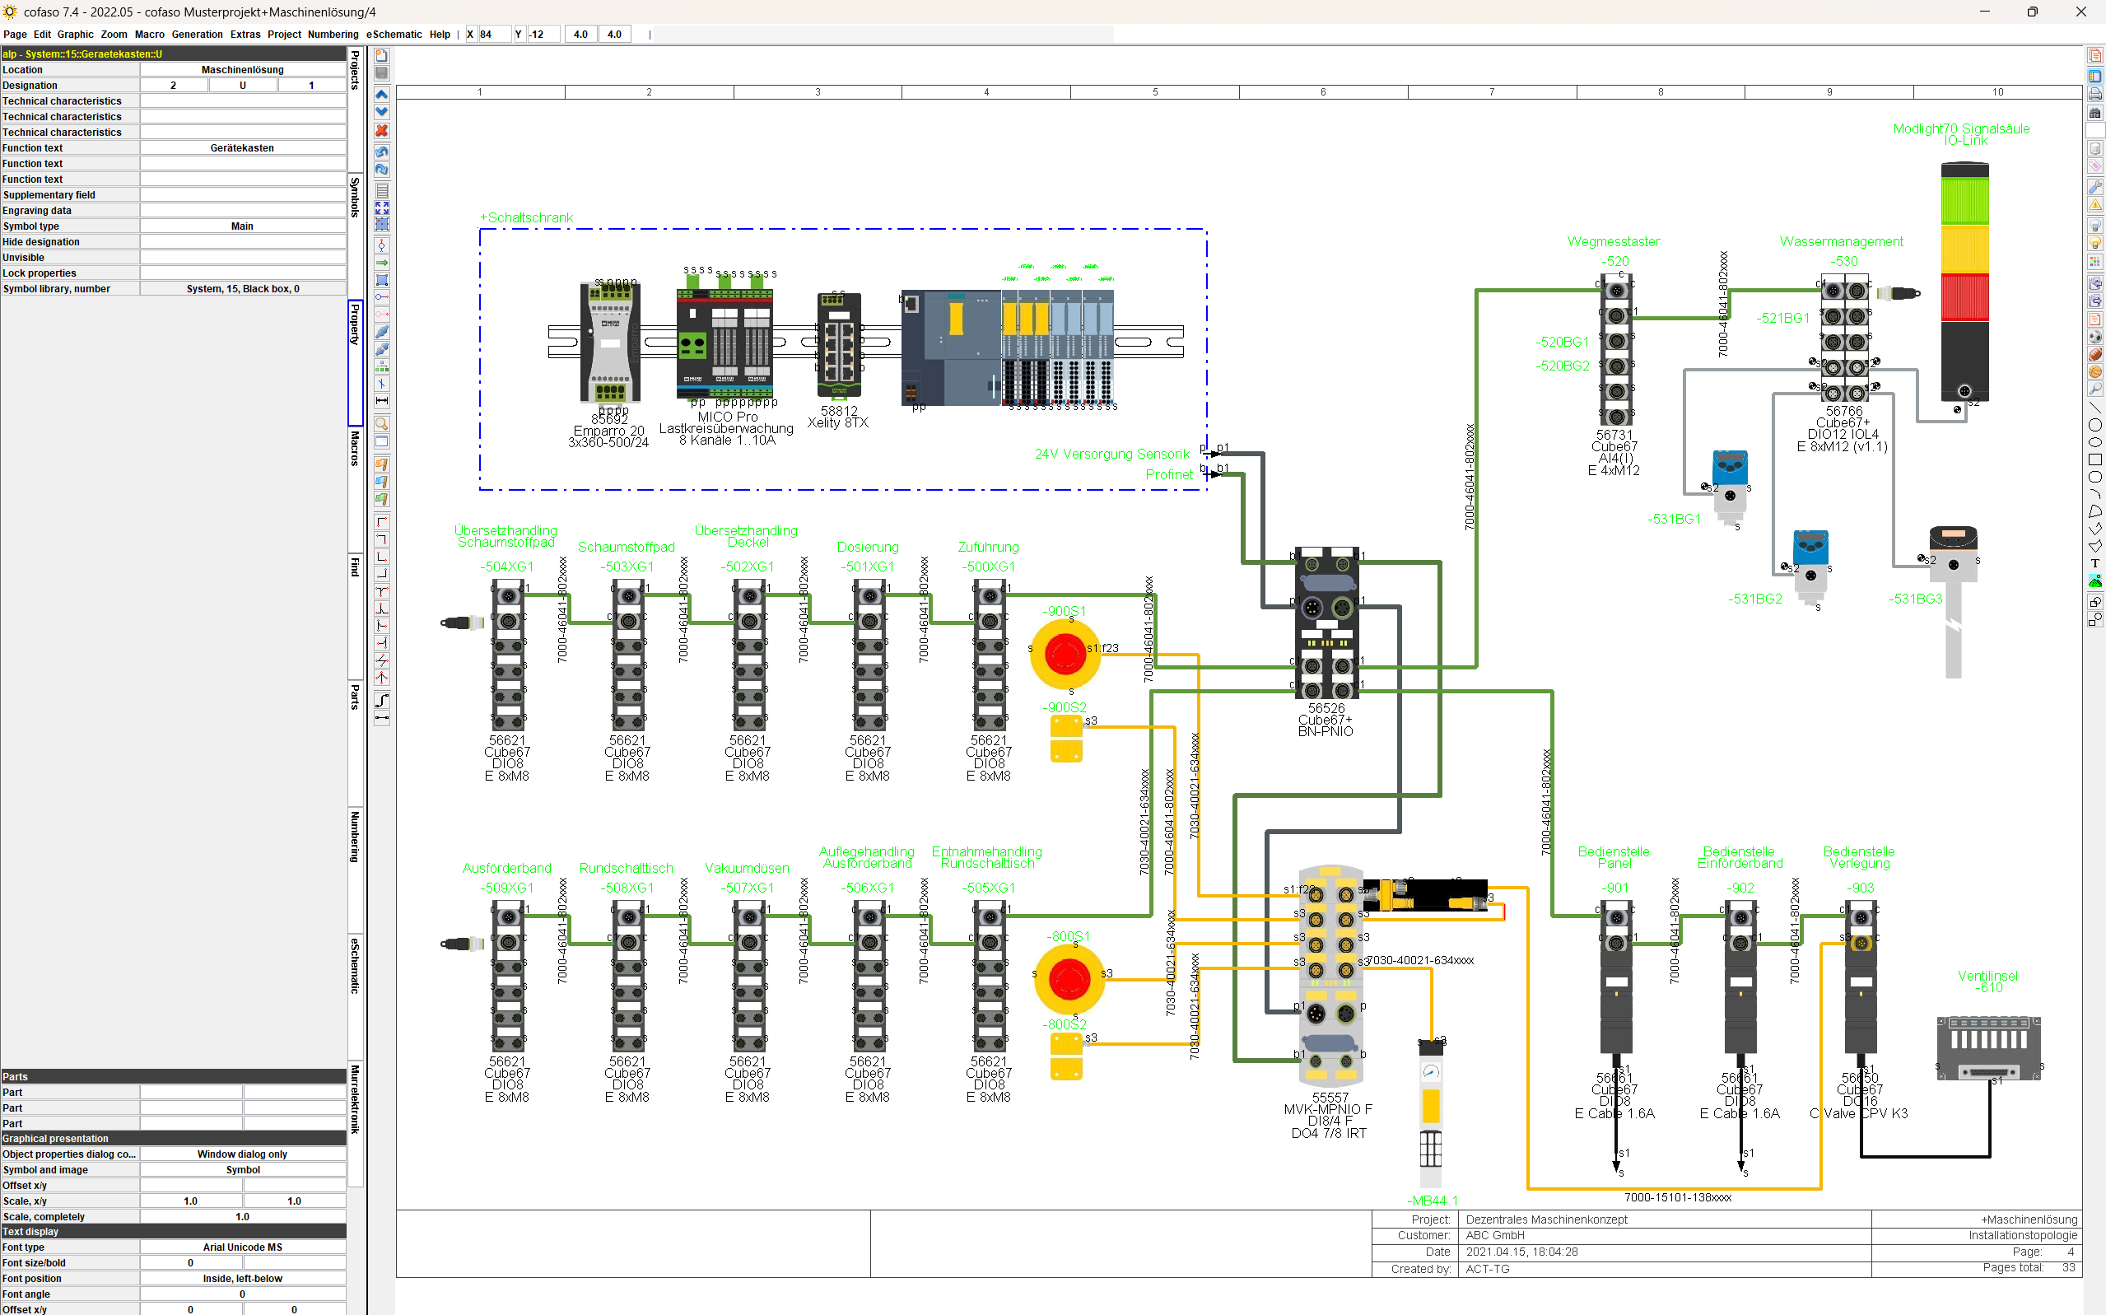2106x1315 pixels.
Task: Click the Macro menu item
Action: (x=149, y=35)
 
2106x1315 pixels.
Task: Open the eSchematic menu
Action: (x=393, y=35)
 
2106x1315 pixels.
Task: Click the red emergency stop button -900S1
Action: (x=1065, y=654)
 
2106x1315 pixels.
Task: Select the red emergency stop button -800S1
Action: (x=1069, y=979)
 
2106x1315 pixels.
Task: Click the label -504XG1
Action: (x=507, y=567)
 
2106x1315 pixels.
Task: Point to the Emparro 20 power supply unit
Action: (x=609, y=343)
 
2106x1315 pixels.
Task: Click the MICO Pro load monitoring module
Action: (x=725, y=343)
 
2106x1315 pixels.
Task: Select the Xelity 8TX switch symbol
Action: (x=838, y=344)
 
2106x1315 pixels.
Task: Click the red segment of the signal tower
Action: (x=1964, y=296)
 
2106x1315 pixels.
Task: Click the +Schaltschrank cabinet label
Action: (x=526, y=217)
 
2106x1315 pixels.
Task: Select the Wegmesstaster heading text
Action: (x=1613, y=242)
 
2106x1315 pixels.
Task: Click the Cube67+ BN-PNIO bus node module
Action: (x=1326, y=622)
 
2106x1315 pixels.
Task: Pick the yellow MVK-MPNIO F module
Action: (x=1330, y=974)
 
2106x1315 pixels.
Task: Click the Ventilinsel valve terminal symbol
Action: (x=1988, y=1048)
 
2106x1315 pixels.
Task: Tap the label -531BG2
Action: (x=1754, y=599)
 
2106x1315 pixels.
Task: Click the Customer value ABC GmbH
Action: (x=1495, y=1235)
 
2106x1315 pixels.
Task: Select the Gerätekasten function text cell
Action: (x=242, y=148)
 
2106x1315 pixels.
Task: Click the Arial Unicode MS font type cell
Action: (x=242, y=1247)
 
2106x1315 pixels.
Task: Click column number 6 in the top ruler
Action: (x=1322, y=92)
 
